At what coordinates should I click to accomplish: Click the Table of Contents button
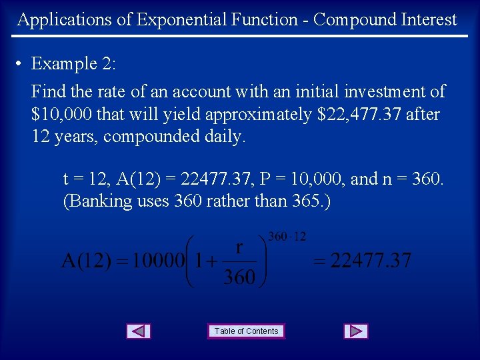[246, 331]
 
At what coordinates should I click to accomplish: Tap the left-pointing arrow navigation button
[139, 331]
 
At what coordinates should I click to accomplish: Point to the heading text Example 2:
[73, 64]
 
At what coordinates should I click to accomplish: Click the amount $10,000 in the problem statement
[62, 115]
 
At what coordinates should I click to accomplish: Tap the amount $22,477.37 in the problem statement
[360, 115]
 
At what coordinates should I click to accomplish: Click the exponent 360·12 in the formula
[287, 237]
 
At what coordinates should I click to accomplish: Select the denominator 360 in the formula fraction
[239, 277]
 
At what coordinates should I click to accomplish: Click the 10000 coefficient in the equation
[157, 261]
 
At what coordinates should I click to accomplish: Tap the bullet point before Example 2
[21, 64]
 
